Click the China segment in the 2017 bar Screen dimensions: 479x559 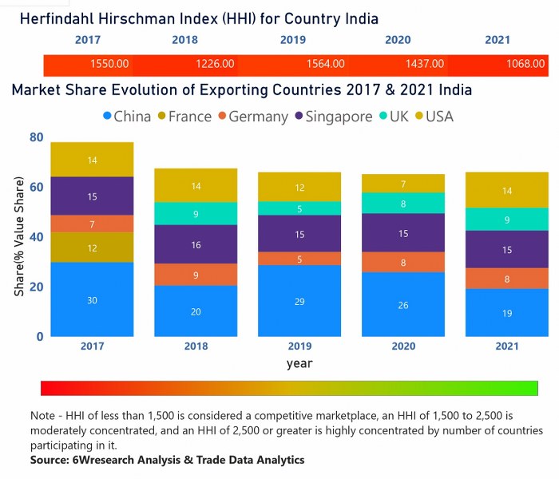[x=93, y=299]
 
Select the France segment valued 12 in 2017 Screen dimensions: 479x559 [x=93, y=247]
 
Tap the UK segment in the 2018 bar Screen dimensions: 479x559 [x=196, y=213]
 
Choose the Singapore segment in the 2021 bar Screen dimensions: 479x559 [x=507, y=249]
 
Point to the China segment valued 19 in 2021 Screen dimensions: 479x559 [x=507, y=312]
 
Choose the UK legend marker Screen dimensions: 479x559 [x=385, y=117]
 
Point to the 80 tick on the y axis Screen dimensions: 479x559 [x=36, y=137]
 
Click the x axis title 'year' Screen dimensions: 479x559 [x=299, y=363]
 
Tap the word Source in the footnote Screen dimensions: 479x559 [x=50, y=461]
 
